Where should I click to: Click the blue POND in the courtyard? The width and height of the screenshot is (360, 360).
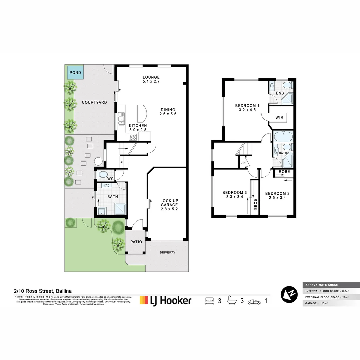[x=75, y=72]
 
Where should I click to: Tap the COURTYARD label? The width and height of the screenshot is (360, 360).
[x=94, y=102]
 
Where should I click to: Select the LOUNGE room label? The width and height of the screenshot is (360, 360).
[x=151, y=77]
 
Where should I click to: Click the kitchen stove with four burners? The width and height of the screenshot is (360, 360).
[x=133, y=137]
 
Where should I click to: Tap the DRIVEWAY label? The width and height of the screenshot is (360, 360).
[x=167, y=252]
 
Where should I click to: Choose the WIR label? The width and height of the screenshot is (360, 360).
[x=279, y=117]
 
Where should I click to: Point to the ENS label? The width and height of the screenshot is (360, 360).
[x=280, y=93]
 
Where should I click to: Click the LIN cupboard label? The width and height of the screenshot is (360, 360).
[x=243, y=163]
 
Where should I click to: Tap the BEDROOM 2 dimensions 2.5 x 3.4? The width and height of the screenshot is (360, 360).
[x=275, y=198]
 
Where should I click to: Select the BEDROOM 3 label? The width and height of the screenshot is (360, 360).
[x=235, y=192]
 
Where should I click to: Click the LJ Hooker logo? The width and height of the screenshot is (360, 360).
[x=166, y=300]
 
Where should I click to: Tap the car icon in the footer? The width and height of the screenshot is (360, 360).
[x=254, y=301]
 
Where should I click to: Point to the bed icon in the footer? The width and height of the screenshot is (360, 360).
[x=209, y=301]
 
